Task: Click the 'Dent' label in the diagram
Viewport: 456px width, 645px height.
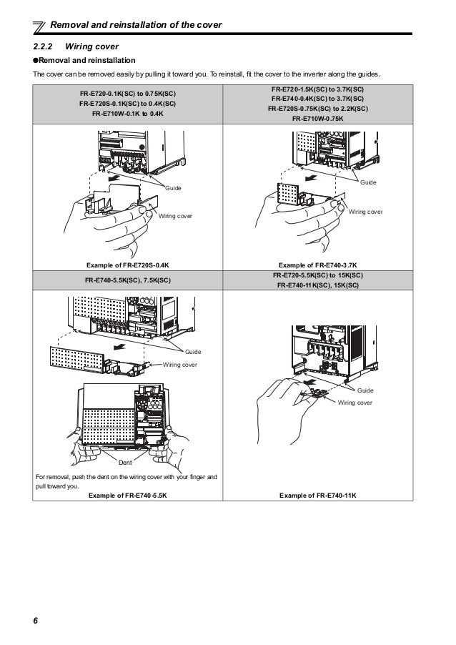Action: click(x=126, y=463)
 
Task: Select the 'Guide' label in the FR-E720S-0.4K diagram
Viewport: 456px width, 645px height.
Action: click(x=174, y=187)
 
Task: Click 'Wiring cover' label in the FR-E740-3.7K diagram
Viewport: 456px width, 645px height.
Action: click(x=366, y=212)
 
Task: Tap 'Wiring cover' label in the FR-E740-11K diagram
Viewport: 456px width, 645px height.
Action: click(x=355, y=403)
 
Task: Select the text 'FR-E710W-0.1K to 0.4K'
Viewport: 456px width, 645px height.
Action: click(x=129, y=113)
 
